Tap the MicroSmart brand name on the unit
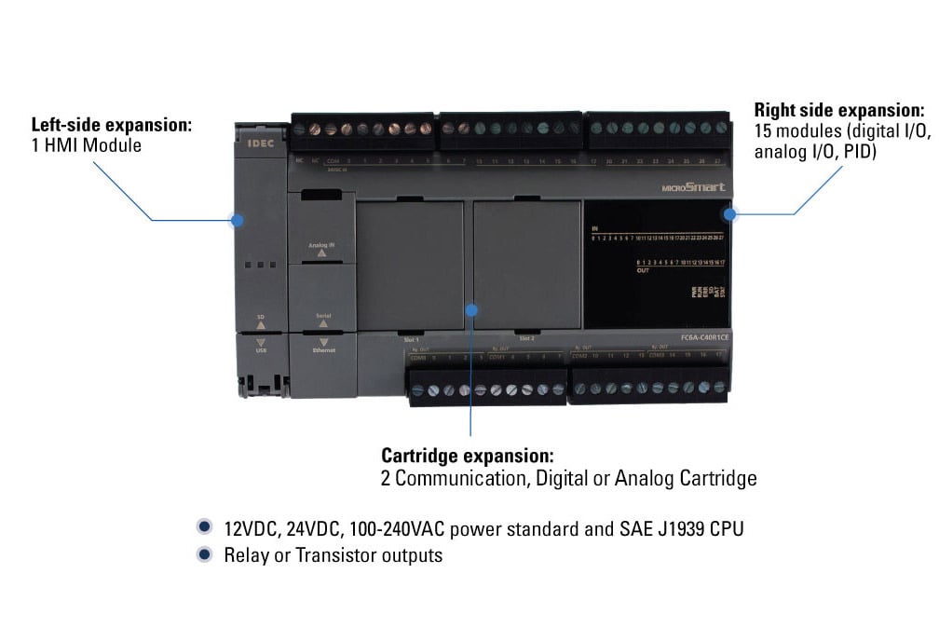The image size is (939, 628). coord(693,187)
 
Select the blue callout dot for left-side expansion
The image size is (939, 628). coord(238,221)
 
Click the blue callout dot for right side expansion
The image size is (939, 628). coord(730,213)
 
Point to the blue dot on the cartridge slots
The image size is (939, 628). coord(471,309)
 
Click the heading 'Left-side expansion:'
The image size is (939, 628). coord(112,124)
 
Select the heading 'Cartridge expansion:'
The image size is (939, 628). coord(467,456)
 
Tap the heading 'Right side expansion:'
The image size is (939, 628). coord(839,109)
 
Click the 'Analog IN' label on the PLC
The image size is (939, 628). coord(321,245)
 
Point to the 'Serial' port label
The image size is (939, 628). coord(322,317)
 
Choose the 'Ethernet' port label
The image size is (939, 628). coord(323,349)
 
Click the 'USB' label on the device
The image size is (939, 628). coord(261,349)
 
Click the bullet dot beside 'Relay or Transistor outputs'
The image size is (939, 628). coord(204,555)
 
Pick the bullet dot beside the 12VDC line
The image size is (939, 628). coord(204,528)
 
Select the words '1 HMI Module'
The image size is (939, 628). coord(86,145)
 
